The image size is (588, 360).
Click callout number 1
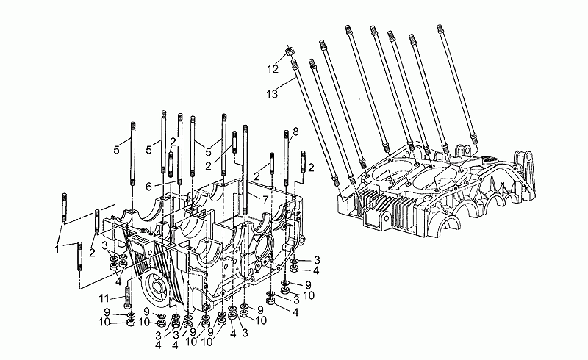click(56, 249)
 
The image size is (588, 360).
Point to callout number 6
click(148, 186)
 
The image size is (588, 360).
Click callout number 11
click(104, 298)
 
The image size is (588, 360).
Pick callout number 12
click(273, 69)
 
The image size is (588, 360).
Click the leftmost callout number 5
click(115, 149)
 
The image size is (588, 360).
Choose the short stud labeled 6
click(170, 168)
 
